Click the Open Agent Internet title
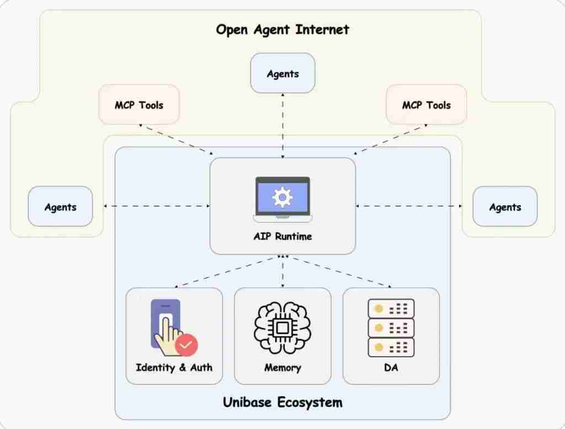(282, 29)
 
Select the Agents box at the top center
(282, 73)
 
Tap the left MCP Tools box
(139, 105)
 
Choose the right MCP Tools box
(426, 105)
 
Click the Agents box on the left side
(60, 207)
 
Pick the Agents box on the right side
(505, 207)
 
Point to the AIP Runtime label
(282, 237)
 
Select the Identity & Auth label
(174, 367)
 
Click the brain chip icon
(282, 328)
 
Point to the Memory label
(282, 367)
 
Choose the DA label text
(391, 367)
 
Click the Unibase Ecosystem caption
(282, 402)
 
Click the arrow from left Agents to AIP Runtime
(157, 206)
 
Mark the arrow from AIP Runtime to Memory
(282, 271)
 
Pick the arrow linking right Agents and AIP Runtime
(409, 206)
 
